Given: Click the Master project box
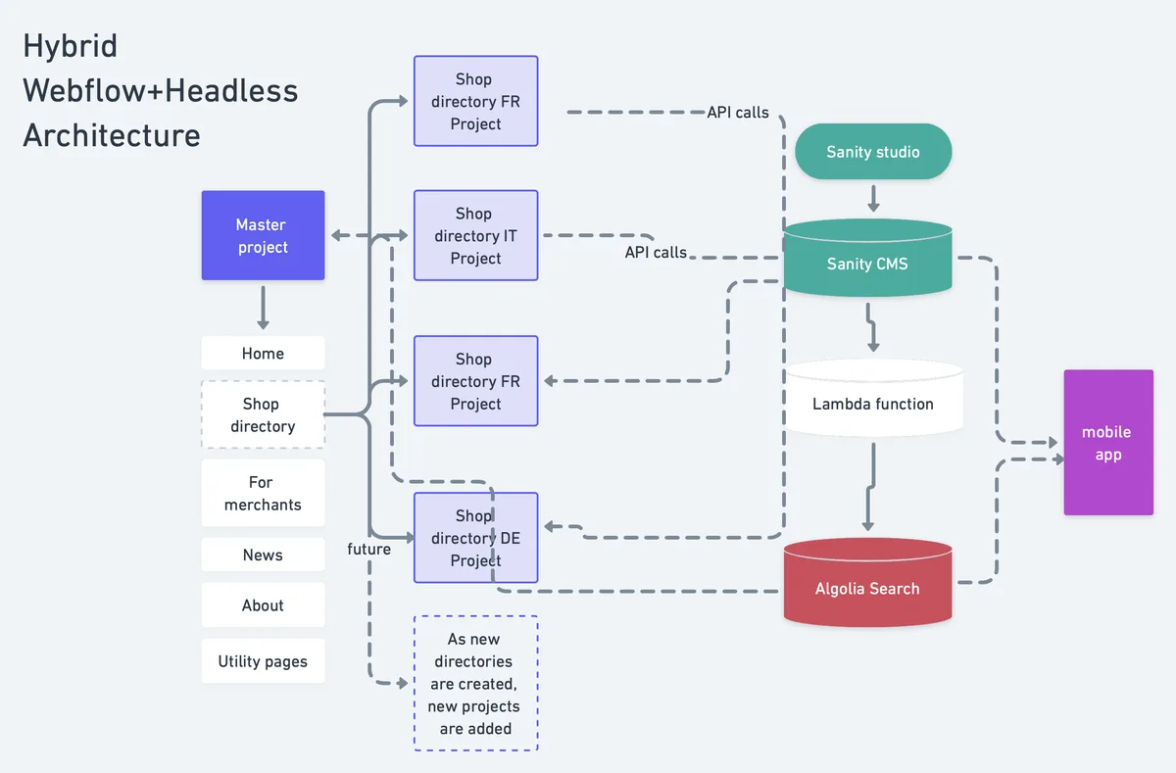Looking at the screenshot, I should (263, 236).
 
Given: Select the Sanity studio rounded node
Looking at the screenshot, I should (872, 152).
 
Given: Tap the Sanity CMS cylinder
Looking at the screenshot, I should (867, 262).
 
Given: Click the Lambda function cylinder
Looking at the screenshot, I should (872, 402).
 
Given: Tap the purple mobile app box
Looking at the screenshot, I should (1107, 443).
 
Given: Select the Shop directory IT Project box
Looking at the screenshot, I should (475, 236).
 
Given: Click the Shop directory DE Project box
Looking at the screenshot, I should (475, 538).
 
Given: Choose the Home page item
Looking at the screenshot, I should (263, 354).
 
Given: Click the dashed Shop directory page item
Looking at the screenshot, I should (263, 415).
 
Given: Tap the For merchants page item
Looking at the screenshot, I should (263, 494).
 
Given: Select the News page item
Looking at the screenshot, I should (263, 555).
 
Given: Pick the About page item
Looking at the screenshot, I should (263, 605).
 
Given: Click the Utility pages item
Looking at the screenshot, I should (263, 661).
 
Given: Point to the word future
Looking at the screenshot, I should (368, 550).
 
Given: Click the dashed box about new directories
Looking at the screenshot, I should (475, 683).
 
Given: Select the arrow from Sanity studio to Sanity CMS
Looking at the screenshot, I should (873, 198).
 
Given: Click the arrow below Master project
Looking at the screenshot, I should (263, 308).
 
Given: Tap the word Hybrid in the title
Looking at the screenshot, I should (71, 46).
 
